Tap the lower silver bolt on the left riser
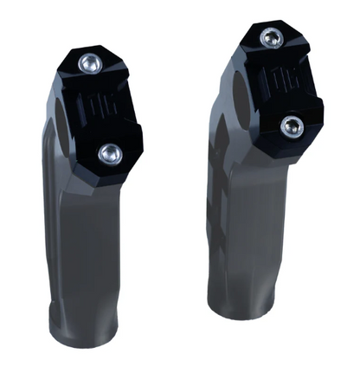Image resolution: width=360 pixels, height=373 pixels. (x=108, y=153)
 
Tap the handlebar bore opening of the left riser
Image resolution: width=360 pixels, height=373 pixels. (x=61, y=108)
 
